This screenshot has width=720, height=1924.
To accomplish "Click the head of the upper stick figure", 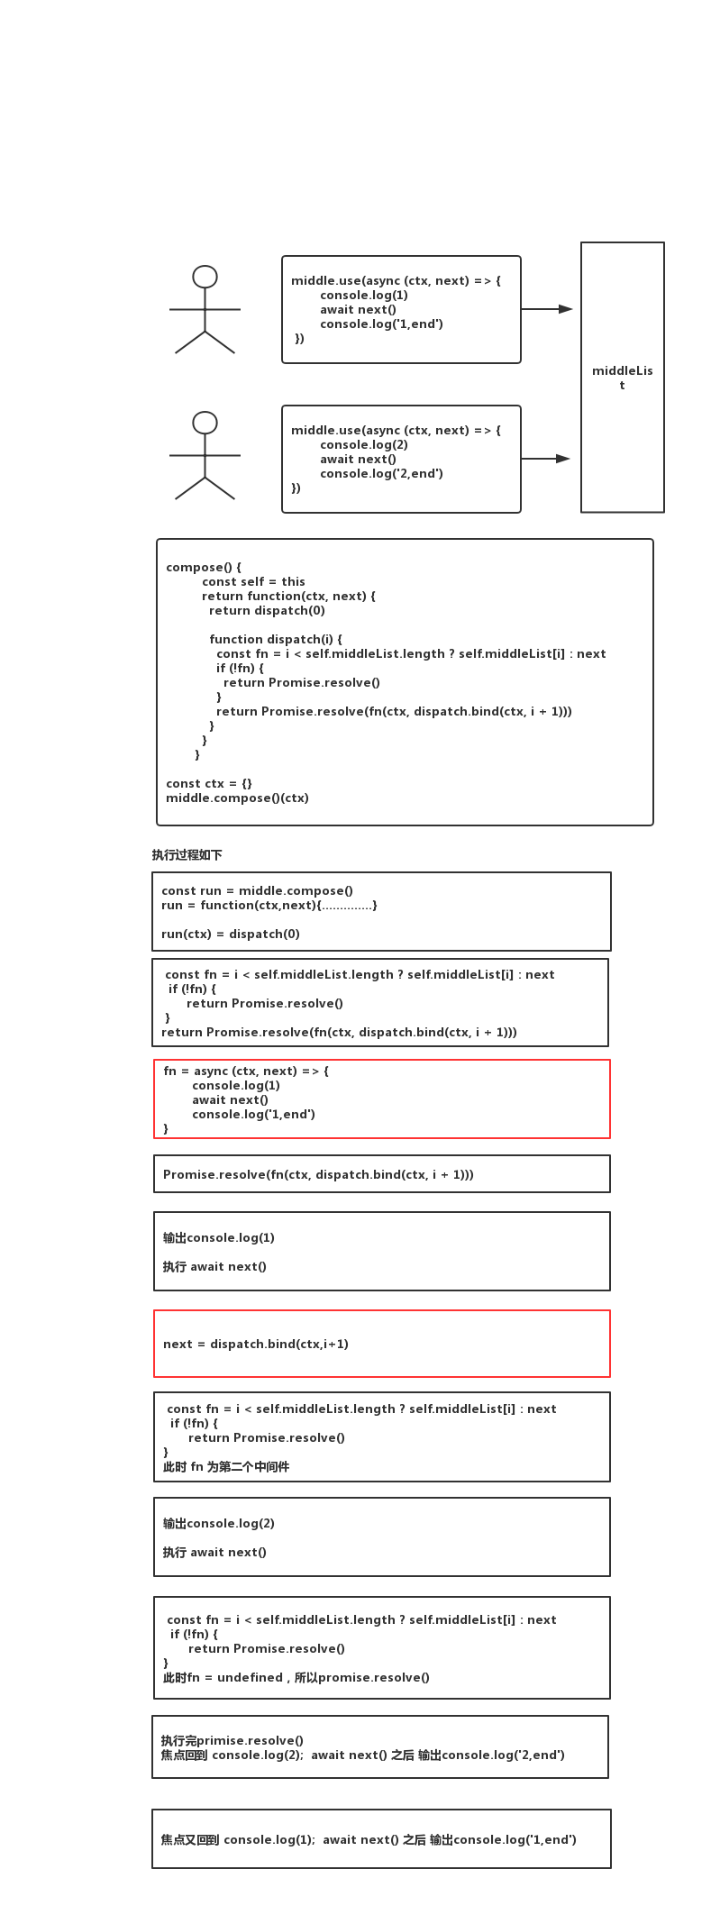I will pyautogui.click(x=205, y=277).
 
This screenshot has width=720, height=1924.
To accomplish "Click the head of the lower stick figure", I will pyautogui.click(x=205, y=423).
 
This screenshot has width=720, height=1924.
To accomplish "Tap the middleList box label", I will pyautogui.click(x=622, y=378).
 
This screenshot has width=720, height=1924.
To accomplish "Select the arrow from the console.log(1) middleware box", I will pyautogui.click(x=547, y=309).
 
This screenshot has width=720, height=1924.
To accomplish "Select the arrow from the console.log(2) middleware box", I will pyautogui.click(x=546, y=459).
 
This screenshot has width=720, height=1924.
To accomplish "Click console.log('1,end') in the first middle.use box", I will pyautogui.click(x=381, y=324).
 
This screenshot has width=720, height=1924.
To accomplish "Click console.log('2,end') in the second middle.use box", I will pyautogui.click(x=381, y=474).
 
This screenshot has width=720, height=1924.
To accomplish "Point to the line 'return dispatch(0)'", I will pyautogui.click(x=267, y=611).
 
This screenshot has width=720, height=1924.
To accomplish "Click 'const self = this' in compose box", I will pyautogui.click(x=253, y=582).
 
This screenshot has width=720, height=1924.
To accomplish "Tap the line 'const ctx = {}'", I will pyautogui.click(x=209, y=784).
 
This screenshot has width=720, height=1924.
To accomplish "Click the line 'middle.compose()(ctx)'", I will pyautogui.click(x=237, y=798).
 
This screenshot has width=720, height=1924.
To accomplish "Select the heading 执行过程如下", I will pyautogui.click(x=187, y=855).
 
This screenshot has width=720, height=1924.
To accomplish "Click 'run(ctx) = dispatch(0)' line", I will pyautogui.click(x=231, y=935).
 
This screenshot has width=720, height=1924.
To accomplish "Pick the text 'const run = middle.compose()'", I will pyautogui.click(x=257, y=891).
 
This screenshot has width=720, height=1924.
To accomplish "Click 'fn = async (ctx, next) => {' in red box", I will pyautogui.click(x=246, y=1071).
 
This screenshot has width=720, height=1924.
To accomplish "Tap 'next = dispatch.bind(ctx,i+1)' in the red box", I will pyautogui.click(x=256, y=1345).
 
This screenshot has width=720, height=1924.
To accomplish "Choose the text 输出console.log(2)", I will pyautogui.click(x=219, y=1524).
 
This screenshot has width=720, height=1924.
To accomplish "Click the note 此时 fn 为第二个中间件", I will pyautogui.click(x=226, y=1467).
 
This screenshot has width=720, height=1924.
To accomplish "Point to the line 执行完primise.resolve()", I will pyautogui.click(x=232, y=1741).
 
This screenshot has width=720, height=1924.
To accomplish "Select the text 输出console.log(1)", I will pyautogui.click(x=219, y=1238).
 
